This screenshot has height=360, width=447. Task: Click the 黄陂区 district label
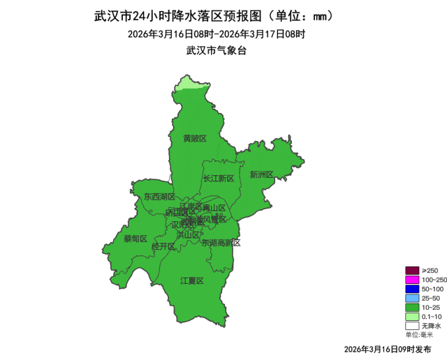pyautogui.click(x=195, y=138)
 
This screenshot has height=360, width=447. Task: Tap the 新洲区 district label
pyautogui.click(x=261, y=174)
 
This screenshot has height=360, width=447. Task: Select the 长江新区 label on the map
pyautogui.click(x=219, y=179)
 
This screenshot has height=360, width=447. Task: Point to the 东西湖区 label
pyautogui.click(x=159, y=197)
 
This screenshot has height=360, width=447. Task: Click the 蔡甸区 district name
pyautogui.click(x=135, y=239)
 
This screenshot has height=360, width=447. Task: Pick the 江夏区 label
pyautogui.click(x=191, y=280)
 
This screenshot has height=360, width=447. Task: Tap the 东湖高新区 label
pyautogui.click(x=221, y=243)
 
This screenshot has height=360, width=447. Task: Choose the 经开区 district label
pyautogui.click(x=163, y=247)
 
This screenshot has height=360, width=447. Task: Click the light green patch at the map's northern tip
pyautogui.click(x=185, y=84)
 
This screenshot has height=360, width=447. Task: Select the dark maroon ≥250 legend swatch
pyautogui.click(x=411, y=270)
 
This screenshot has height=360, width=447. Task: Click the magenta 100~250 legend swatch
pyautogui.click(x=411, y=279)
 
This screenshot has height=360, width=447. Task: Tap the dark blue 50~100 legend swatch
pyautogui.click(x=411, y=288)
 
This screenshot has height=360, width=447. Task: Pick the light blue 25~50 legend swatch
pyautogui.click(x=411, y=297)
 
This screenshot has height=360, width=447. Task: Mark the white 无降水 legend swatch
pyautogui.click(x=411, y=324)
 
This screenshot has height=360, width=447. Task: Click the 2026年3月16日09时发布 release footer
pyautogui.click(x=388, y=348)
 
